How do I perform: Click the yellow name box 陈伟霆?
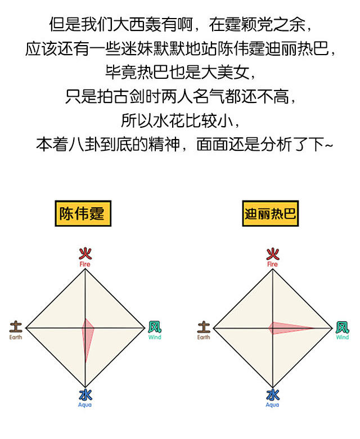tap(82, 213)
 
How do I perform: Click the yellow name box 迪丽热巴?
tap(271, 213)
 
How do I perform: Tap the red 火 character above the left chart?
tap(85, 253)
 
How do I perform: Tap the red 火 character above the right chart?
tap(273, 253)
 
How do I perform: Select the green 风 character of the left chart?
tap(155, 326)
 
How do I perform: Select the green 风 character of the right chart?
tap(342, 326)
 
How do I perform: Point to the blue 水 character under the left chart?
tap(85, 395)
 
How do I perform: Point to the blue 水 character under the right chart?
tap(273, 395)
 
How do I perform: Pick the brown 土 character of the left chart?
tap(16, 326)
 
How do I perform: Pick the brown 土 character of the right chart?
tap(204, 326)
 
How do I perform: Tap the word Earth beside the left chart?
tap(16, 337)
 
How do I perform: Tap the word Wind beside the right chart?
tap(342, 337)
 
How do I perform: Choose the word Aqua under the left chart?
tap(85, 405)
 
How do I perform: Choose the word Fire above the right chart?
tap(273, 264)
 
